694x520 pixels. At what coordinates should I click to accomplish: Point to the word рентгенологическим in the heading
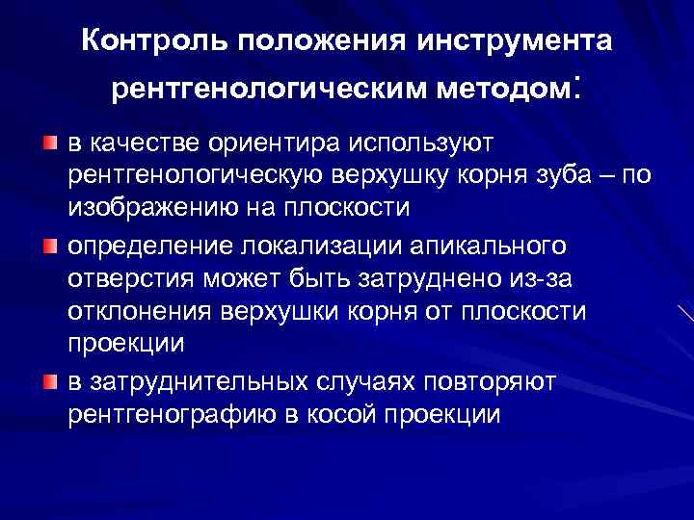[x=272, y=90]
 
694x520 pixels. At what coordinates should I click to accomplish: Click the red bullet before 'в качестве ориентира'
[x=49, y=143]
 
